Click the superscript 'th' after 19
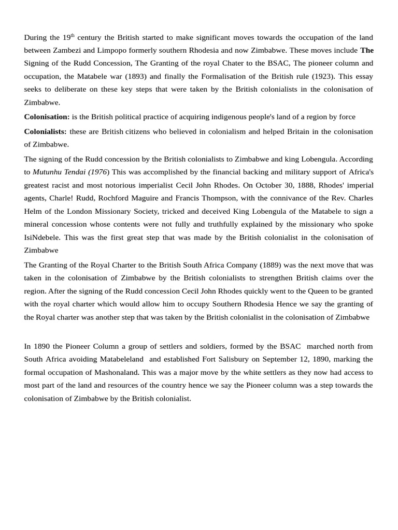pos(73,35)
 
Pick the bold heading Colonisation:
pos(47,116)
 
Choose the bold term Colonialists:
pos(45,131)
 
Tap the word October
pos(293,185)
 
